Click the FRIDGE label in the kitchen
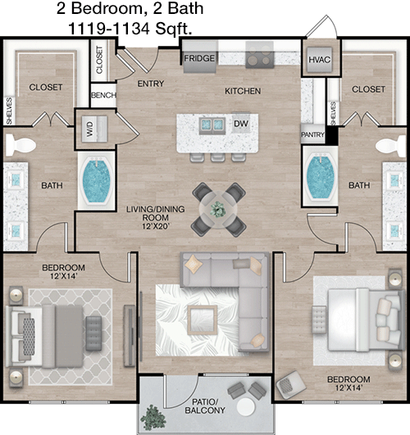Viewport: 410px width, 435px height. tap(199, 58)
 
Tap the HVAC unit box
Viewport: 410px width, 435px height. tap(320, 59)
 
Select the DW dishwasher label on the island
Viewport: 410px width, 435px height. tap(241, 124)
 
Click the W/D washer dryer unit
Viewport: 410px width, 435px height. tap(94, 129)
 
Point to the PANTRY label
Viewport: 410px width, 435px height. tap(312, 134)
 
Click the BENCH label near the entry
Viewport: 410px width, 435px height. tap(103, 95)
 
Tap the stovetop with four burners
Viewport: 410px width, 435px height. tap(259, 55)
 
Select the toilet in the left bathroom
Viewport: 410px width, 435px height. tap(20, 144)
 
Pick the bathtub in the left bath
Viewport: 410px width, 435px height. tap(97, 181)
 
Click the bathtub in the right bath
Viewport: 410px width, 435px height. tap(321, 177)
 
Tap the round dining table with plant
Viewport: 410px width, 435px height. tap(218, 210)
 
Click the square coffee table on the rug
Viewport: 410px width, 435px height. tap(202, 319)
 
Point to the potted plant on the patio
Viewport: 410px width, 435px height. tap(153, 418)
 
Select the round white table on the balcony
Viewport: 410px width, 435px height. tap(246, 407)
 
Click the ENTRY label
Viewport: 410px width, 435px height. tap(151, 84)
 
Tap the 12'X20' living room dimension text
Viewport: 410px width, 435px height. tap(155, 226)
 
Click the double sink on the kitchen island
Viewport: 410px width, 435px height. tap(212, 125)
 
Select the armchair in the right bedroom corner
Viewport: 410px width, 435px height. tap(290, 385)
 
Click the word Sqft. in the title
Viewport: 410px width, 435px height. tap(173, 29)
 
